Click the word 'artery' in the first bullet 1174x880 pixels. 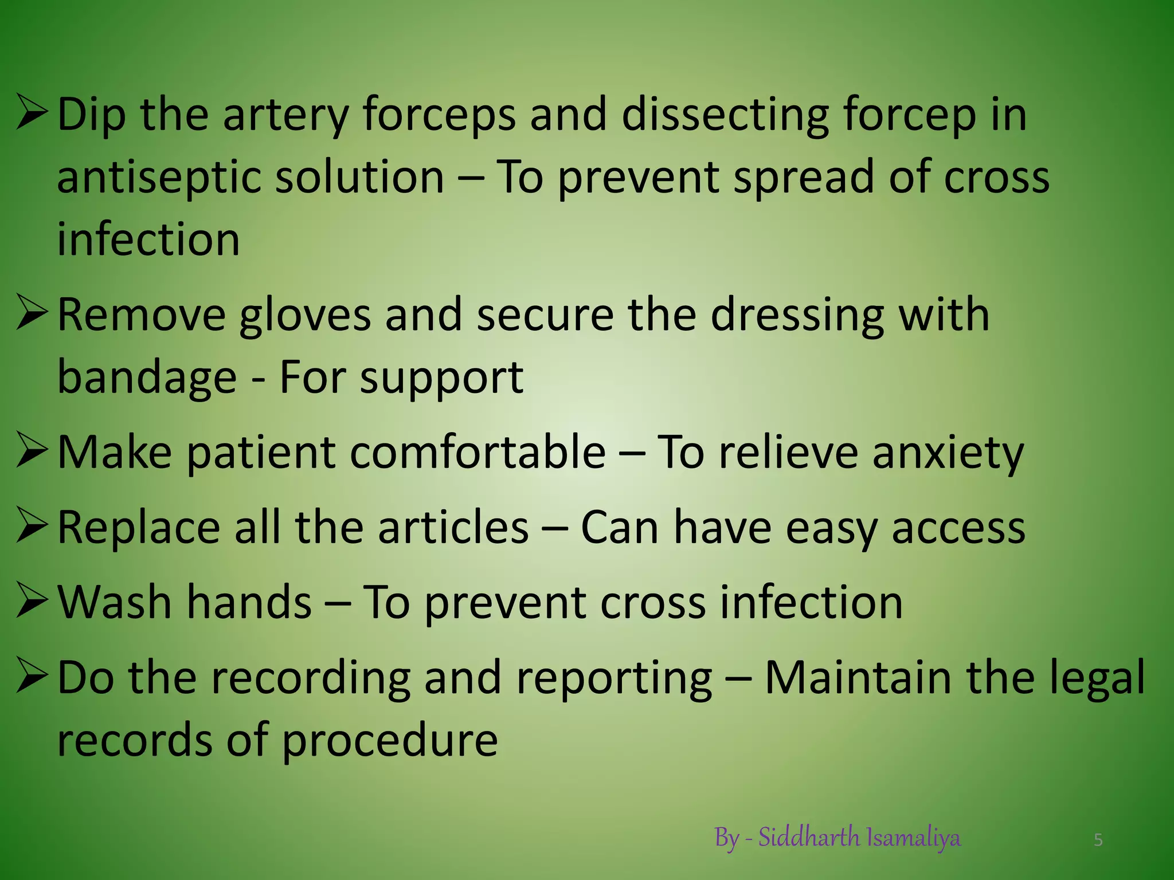285,115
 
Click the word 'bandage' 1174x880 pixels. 147,378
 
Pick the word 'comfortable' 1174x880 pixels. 478,453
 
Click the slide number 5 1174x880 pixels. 1098,840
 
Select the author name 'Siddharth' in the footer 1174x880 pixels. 809,838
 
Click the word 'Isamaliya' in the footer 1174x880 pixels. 913,838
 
